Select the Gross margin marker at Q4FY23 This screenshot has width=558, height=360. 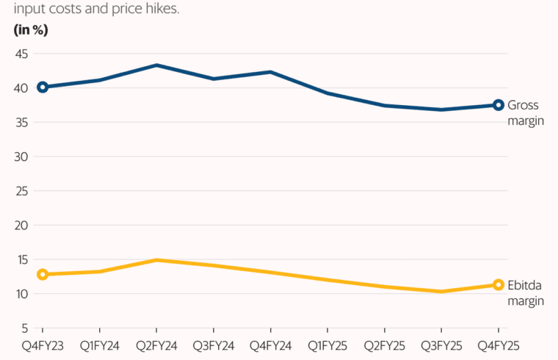point(43,87)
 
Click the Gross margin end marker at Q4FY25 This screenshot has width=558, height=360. point(499,105)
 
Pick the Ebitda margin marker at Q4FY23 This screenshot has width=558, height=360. point(43,274)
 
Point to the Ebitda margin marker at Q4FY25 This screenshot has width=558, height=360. point(499,285)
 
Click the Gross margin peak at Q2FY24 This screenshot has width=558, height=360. point(156,65)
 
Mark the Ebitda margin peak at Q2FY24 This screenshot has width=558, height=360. point(156,260)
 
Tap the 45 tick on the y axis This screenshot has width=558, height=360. point(21,54)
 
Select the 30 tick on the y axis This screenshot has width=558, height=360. point(21,156)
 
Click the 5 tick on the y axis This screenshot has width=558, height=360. point(24,328)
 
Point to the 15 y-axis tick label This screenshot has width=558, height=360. point(21,259)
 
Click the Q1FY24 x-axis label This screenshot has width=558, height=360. point(99,344)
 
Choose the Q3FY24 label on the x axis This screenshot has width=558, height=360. point(213,344)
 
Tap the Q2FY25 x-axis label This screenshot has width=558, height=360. point(384,344)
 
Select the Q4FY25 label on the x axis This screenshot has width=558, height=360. point(498,344)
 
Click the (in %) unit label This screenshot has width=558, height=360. point(30,30)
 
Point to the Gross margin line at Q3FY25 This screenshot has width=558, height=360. point(441,109)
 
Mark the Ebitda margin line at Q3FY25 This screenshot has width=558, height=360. point(441,292)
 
